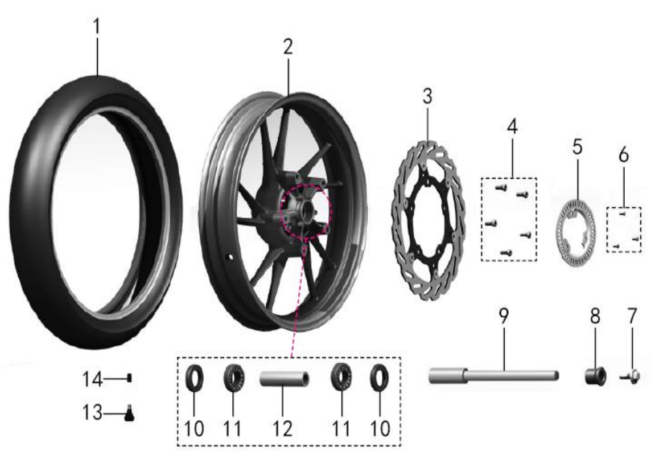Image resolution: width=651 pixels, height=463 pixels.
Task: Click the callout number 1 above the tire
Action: pos(97,27)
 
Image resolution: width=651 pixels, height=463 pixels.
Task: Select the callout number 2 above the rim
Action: pos(288,47)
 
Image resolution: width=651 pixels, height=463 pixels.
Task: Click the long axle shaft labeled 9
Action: pos(493,376)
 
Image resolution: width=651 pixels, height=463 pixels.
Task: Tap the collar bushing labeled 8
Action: pos(595,376)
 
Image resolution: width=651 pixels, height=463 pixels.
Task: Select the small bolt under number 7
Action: pos(631,378)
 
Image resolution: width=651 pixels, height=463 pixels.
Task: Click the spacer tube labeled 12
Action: pos(285,379)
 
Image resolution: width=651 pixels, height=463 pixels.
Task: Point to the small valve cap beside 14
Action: pos(130,378)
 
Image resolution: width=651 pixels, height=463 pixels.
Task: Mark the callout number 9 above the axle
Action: pos(503,317)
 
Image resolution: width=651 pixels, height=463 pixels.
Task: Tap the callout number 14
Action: pos(92,379)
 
